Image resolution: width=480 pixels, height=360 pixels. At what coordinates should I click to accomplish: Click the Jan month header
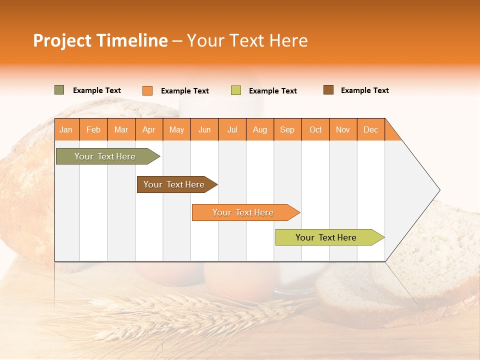[66, 129]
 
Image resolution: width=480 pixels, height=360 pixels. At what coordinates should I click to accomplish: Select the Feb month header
[93, 129]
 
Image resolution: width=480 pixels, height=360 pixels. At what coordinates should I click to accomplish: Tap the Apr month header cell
[149, 129]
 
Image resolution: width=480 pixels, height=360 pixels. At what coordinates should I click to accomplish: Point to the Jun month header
[204, 129]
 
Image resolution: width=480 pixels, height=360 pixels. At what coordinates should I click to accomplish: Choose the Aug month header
[260, 129]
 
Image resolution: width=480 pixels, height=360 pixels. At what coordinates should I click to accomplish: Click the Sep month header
[287, 129]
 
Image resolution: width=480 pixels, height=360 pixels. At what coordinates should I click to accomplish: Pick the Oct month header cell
[315, 129]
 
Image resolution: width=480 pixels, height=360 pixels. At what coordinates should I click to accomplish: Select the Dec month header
[371, 129]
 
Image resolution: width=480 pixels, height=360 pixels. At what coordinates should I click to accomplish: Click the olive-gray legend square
[59, 90]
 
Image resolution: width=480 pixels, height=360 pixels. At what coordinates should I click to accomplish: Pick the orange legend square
[147, 90]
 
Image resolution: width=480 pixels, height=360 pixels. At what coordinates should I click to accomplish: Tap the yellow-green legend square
[236, 90]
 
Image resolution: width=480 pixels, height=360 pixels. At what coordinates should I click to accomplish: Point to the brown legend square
[328, 90]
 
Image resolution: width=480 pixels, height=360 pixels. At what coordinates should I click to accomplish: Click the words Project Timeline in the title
[100, 40]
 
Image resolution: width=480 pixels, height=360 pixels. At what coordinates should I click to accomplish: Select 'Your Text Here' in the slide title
[247, 40]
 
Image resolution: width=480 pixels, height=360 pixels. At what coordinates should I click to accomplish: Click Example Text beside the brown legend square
[364, 90]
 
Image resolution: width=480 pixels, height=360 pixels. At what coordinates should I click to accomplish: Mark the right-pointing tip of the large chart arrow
[439, 190]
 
